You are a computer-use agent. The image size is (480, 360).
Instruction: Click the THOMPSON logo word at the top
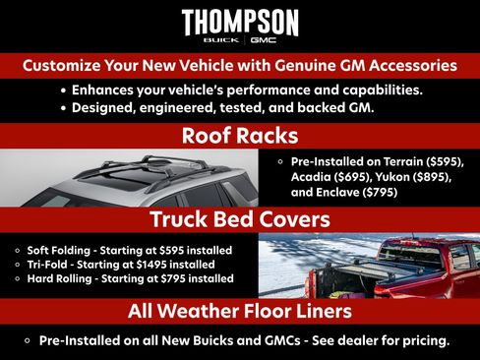tap(240, 22)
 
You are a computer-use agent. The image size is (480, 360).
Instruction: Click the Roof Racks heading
tap(240, 136)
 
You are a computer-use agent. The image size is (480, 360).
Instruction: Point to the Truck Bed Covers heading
tap(240, 218)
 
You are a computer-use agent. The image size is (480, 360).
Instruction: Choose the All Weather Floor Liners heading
tap(240, 312)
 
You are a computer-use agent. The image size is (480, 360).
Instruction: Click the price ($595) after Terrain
tap(439, 160)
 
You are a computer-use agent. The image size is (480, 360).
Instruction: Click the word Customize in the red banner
tap(63, 67)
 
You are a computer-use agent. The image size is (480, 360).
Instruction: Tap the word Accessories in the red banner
tap(407, 67)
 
